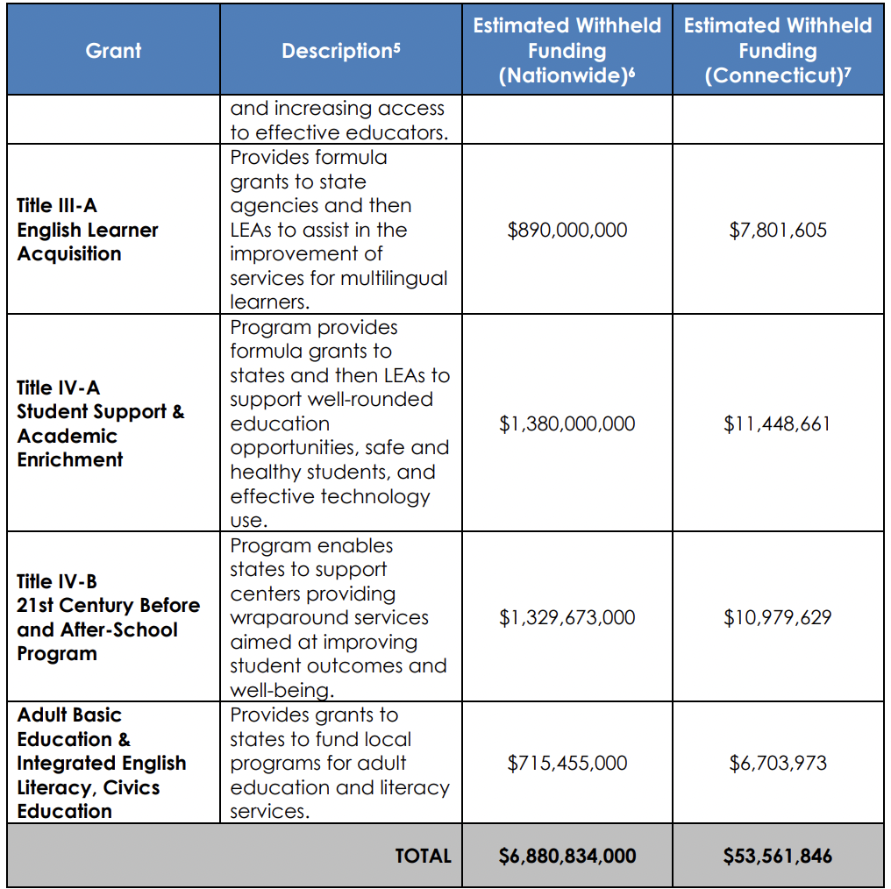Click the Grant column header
(x=113, y=50)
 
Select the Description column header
(x=340, y=51)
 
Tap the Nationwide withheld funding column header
(x=567, y=50)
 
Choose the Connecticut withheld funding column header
(x=777, y=50)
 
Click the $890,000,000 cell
(x=567, y=230)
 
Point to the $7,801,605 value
(x=777, y=230)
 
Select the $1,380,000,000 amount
(x=567, y=423)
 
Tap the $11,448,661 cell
(x=777, y=423)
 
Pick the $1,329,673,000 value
(x=567, y=617)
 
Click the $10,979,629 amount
(x=777, y=617)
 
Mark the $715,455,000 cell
(x=567, y=763)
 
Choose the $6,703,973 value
(x=777, y=763)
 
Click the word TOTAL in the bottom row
(x=423, y=856)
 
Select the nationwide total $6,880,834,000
(x=567, y=856)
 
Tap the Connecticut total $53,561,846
(x=777, y=856)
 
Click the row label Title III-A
(x=57, y=206)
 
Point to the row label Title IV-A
(x=58, y=388)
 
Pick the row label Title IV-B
(x=57, y=581)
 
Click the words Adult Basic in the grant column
(x=69, y=715)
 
